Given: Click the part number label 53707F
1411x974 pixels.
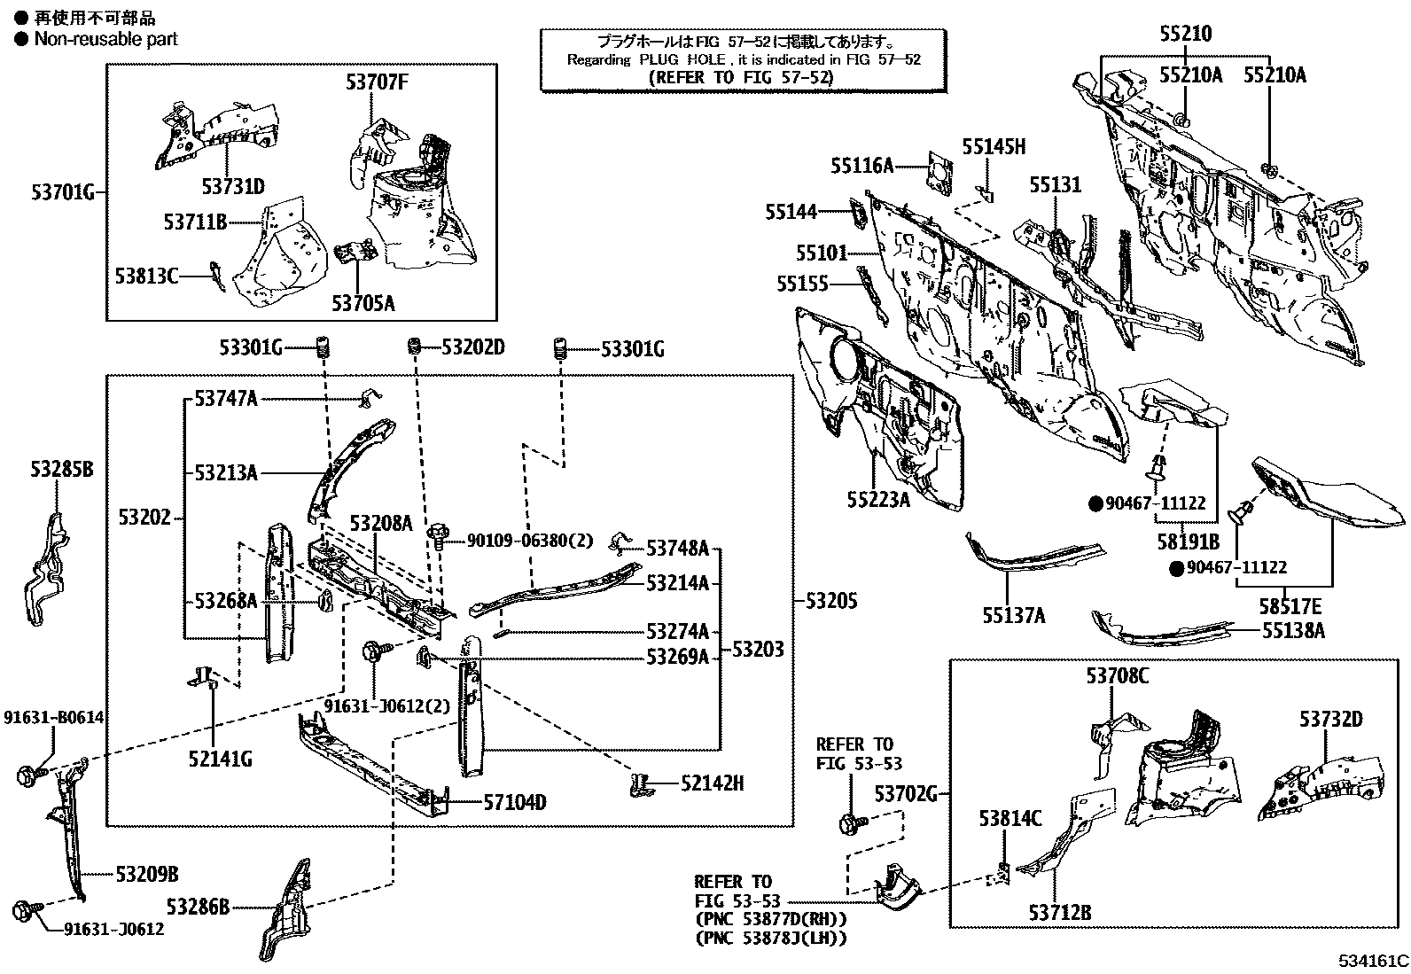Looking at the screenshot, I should (x=378, y=83).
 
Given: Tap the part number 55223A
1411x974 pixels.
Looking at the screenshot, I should (x=878, y=500).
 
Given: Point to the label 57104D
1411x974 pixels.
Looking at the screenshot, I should (x=515, y=803).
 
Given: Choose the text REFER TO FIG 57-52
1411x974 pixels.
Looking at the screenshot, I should (x=742, y=77).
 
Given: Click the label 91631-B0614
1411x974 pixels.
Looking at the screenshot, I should (x=52, y=717).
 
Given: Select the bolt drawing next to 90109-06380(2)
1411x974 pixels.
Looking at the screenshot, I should (x=436, y=534).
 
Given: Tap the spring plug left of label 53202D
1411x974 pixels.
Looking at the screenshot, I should (x=413, y=347).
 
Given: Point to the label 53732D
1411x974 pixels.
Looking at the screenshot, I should (x=1331, y=719).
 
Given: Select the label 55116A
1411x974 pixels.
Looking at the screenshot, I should (x=861, y=165).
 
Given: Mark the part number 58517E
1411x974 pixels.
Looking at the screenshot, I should (x=1290, y=607).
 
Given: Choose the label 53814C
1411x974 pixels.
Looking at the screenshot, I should (x=1010, y=818).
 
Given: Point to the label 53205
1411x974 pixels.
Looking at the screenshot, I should (x=831, y=601).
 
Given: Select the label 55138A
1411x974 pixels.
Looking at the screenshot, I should (x=1294, y=630).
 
